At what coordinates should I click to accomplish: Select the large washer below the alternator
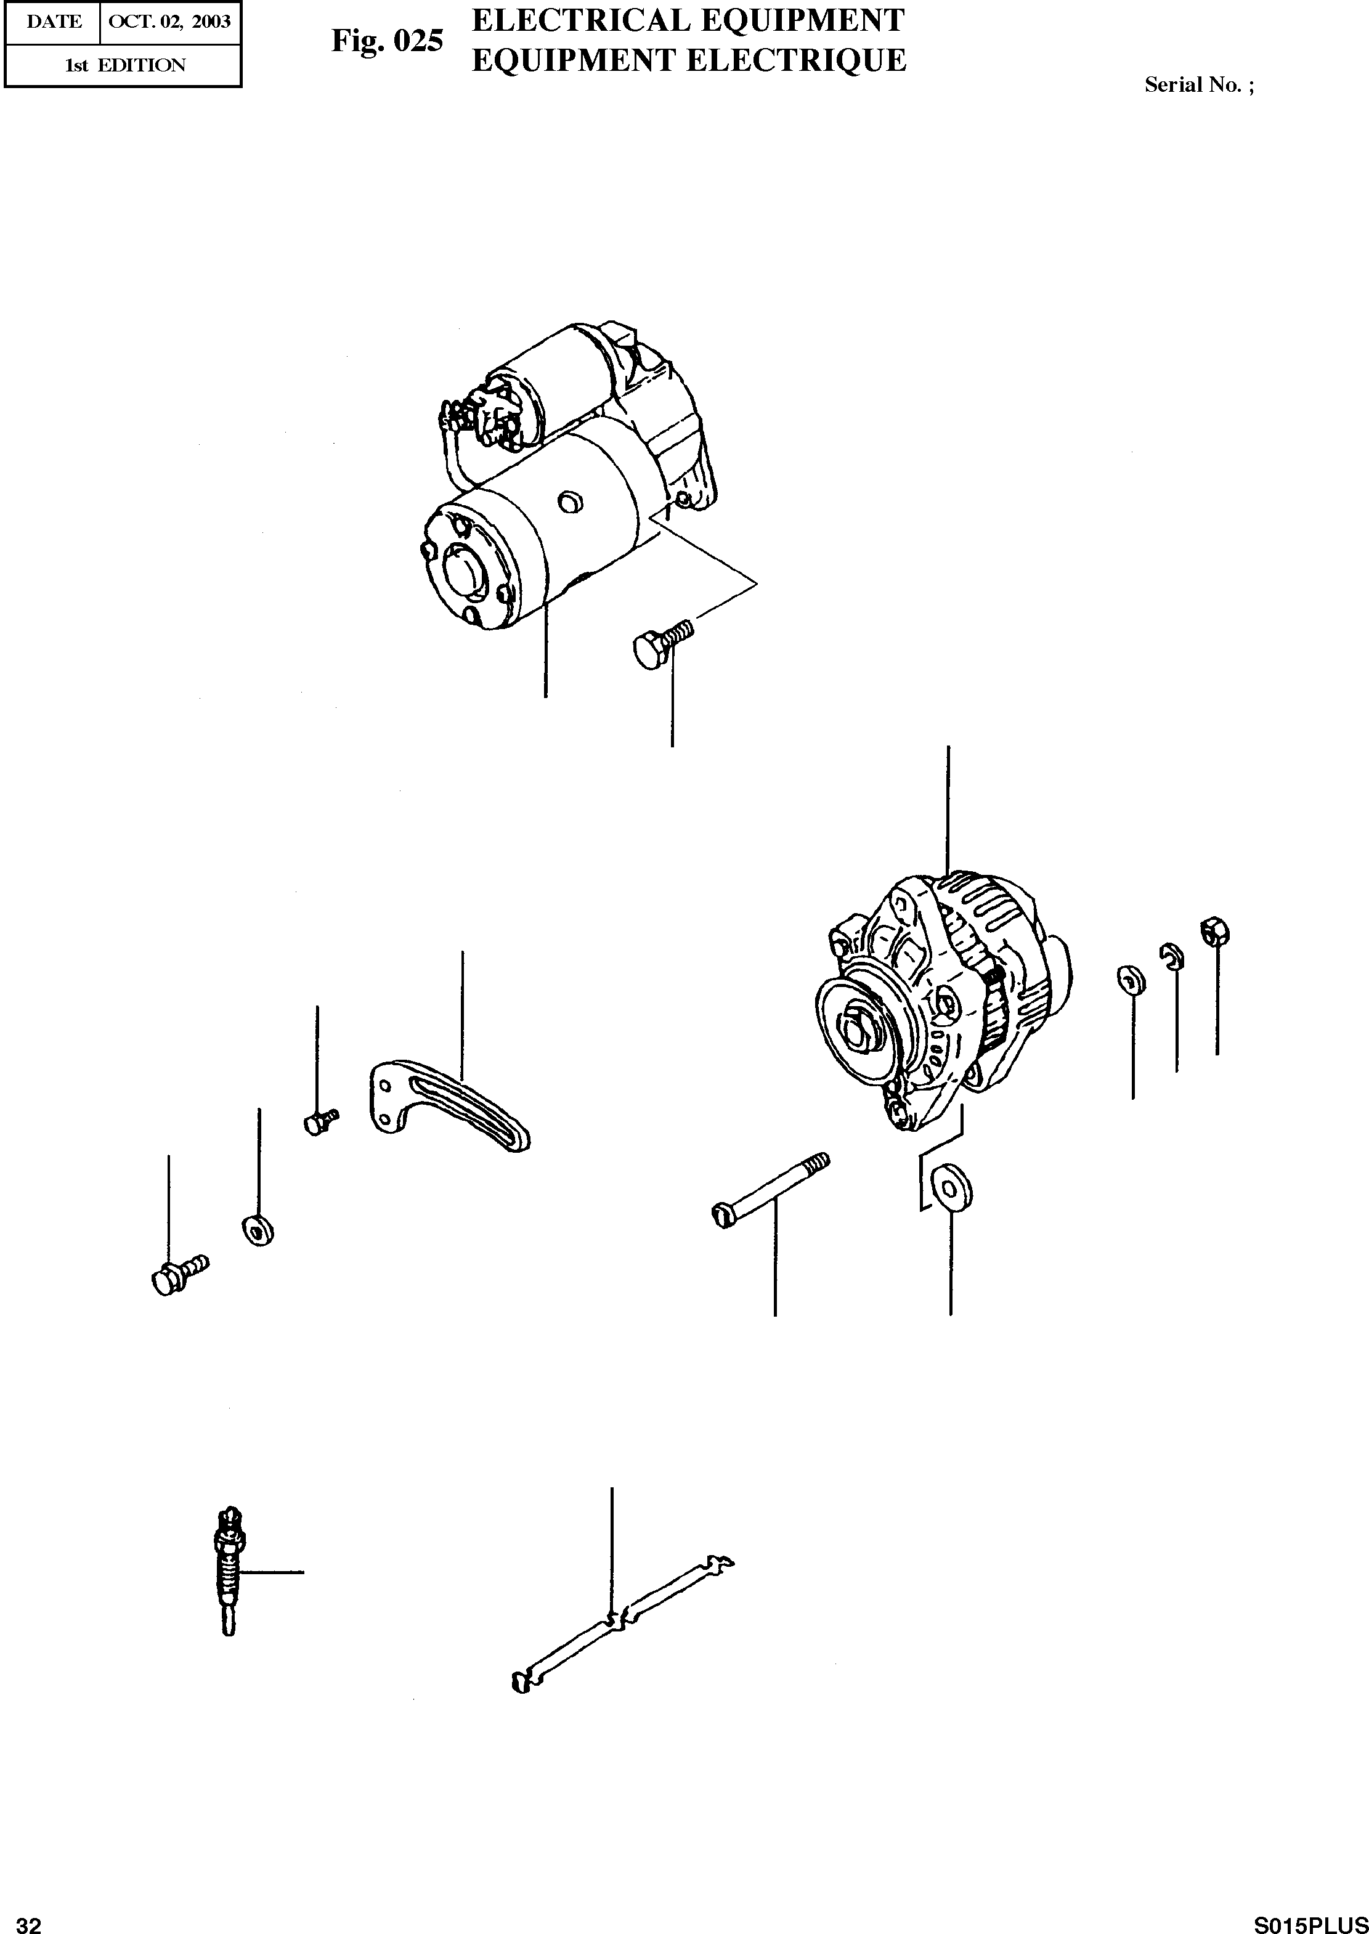(953, 1188)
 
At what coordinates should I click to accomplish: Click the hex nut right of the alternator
(1215, 932)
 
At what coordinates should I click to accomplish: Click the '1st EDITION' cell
(124, 65)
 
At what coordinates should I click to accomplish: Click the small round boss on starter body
(571, 503)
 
